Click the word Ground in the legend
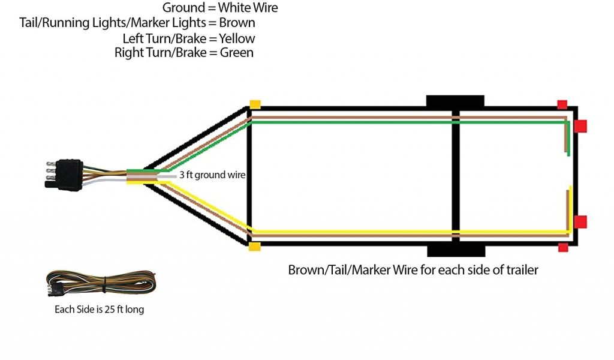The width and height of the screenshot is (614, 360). [183, 8]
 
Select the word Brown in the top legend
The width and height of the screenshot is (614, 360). [237, 23]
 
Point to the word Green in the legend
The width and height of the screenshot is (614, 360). [237, 53]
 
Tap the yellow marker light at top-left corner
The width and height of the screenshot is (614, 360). [255, 104]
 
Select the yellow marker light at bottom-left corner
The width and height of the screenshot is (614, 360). [255, 247]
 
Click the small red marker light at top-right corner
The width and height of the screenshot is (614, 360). [562, 104]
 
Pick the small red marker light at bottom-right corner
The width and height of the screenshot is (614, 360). [562, 247]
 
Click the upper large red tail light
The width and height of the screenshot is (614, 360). [580, 126]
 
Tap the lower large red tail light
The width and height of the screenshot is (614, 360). [580, 222]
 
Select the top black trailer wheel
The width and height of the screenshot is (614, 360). [455, 101]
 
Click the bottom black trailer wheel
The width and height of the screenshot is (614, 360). [455, 250]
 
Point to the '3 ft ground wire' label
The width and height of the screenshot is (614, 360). [213, 176]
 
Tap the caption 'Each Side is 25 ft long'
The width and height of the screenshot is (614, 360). [98, 310]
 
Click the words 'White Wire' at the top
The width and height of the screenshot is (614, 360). [248, 8]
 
